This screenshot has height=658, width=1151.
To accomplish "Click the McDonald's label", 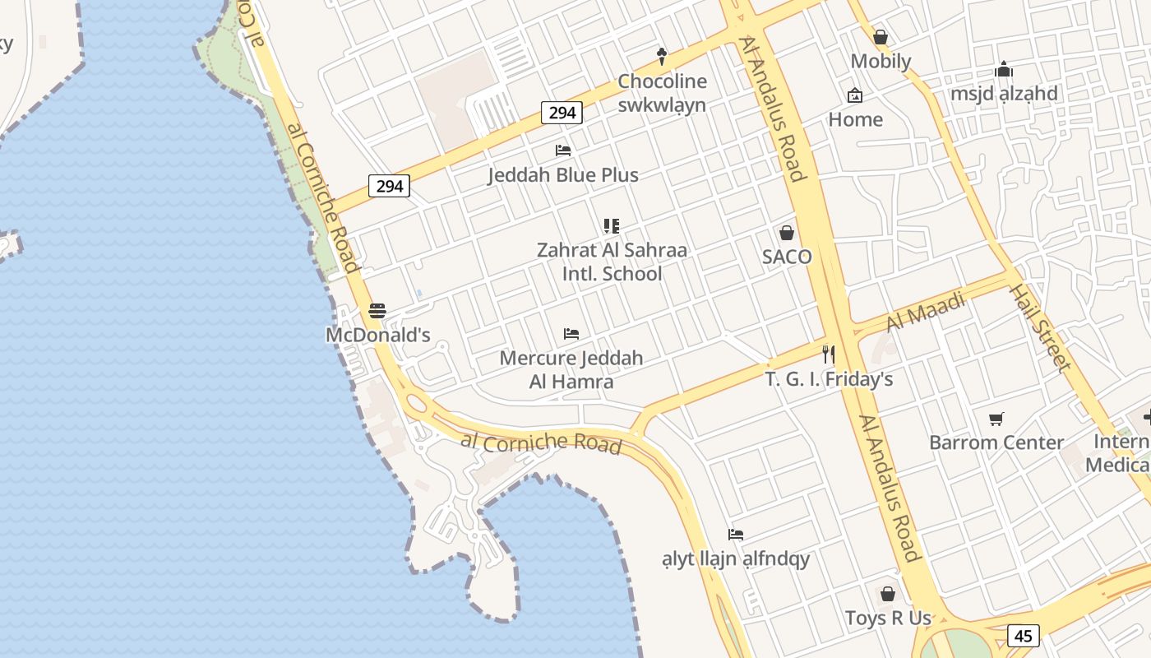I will click(x=378, y=335).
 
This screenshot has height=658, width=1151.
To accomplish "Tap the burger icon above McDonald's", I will click(x=377, y=311).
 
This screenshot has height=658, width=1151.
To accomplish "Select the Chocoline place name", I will click(x=662, y=81).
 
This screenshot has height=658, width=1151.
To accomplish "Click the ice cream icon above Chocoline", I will click(x=661, y=56).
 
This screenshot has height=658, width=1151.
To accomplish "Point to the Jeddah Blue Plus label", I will click(x=563, y=175).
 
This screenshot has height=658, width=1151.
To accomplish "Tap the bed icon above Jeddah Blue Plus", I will click(x=563, y=151).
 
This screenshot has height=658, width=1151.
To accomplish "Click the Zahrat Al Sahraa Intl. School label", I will click(x=612, y=262).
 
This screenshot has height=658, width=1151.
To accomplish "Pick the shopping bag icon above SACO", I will click(x=787, y=233).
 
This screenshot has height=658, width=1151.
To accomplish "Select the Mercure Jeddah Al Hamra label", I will click(x=571, y=370).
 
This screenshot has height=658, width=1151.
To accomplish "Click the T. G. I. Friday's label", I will click(x=829, y=379).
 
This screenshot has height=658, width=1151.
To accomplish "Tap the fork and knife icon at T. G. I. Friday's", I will click(x=829, y=354).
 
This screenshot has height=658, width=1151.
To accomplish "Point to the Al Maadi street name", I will click(x=926, y=313).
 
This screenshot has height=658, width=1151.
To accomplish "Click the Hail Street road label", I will click(x=1040, y=327).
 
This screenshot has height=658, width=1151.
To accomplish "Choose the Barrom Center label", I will click(x=996, y=443).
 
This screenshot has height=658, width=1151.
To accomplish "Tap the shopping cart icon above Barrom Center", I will click(x=996, y=419).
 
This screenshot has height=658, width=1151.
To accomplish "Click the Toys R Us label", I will click(x=888, y=618).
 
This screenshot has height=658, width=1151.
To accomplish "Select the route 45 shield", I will click(x=1023, y=636).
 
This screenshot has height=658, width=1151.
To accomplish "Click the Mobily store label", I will click(x=881, y=61).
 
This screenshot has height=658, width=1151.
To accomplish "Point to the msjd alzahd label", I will click(x=1004, y=93).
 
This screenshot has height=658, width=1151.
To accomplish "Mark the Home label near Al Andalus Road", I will click(x=855, y=119).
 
